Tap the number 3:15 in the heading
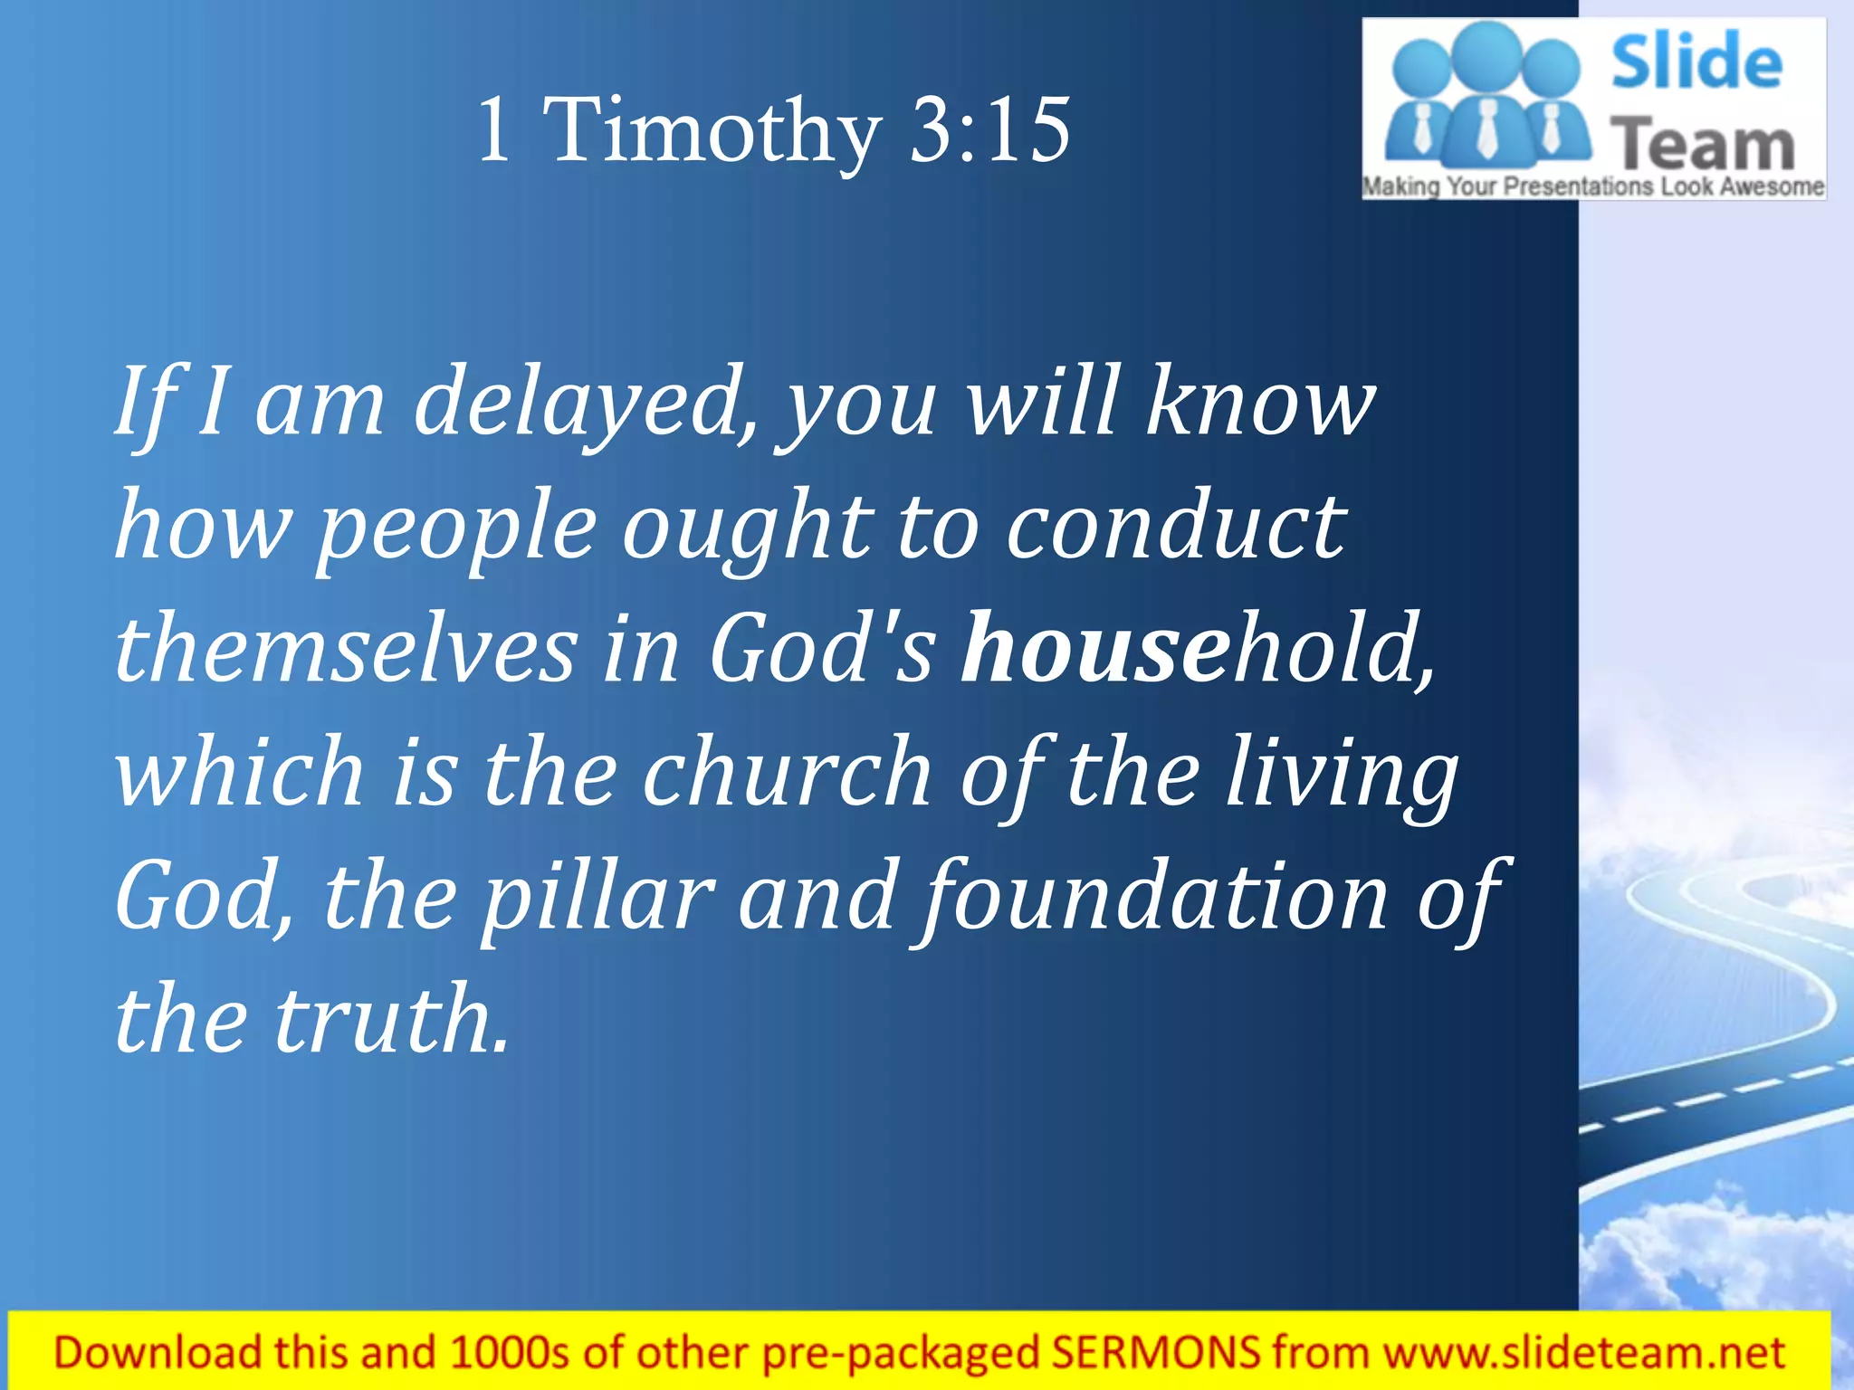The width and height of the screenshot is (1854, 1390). click(x=989, y=131)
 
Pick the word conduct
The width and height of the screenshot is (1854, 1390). click(x=1177, y=528)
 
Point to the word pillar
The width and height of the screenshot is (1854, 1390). click(x=597, y=898)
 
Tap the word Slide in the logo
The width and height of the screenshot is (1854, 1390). click(x=1696, y=62)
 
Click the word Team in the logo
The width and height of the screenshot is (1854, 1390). click(x=1702, y=145)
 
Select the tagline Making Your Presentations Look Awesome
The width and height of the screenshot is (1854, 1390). click(x=1593, y=187)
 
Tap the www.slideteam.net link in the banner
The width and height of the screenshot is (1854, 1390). click(x=1584, y=1353)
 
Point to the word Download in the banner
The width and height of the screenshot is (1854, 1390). click(x=157, y=1353)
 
